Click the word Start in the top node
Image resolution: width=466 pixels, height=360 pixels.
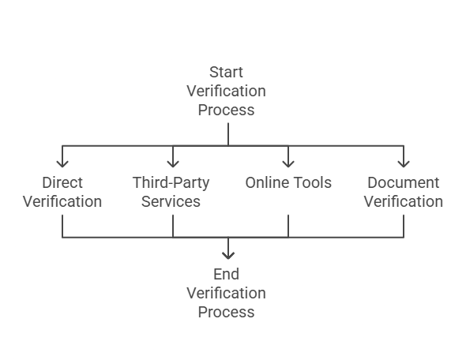pos(226,72)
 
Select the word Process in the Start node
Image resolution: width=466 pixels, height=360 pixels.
pos(226,111)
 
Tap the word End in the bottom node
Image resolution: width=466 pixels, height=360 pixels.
pos(226,274)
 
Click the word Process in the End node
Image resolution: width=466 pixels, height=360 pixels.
pos(226,312)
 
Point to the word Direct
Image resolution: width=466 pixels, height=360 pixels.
pos(62,182)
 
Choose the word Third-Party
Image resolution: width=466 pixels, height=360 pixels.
pos(171,183)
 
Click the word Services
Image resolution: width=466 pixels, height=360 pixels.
pos(171,201)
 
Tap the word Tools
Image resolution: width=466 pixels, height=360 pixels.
pos(314,182)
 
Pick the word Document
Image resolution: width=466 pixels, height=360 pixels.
pos(404,182)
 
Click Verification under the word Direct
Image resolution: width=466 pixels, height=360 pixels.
pos(62,201)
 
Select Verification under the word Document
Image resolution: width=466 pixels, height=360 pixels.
pos(404,201)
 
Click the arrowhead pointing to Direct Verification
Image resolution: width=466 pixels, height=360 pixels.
pos(62,163)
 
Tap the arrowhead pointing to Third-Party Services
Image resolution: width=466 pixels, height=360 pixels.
pos(173,163)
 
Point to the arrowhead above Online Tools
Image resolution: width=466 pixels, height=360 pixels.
pos(288,163)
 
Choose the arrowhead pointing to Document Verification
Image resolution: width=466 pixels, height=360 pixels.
pos(404,163)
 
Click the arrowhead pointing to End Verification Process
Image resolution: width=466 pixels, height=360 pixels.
pos(228,256)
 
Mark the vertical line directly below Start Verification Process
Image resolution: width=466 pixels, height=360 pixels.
pos(228,134)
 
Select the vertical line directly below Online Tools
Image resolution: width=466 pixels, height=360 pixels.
pos(288,226)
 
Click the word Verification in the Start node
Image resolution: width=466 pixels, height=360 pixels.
pos(226,92)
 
